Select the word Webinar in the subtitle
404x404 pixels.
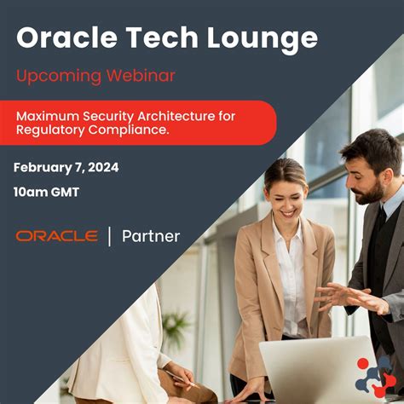141,75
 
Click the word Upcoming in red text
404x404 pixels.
58,75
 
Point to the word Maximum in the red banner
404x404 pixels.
49,115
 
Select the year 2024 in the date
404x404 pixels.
102,167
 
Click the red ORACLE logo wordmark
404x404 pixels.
57,236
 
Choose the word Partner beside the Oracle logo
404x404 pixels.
151,236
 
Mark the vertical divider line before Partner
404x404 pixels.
109,236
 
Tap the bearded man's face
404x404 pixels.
366,174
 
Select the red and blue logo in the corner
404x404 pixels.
376,376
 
